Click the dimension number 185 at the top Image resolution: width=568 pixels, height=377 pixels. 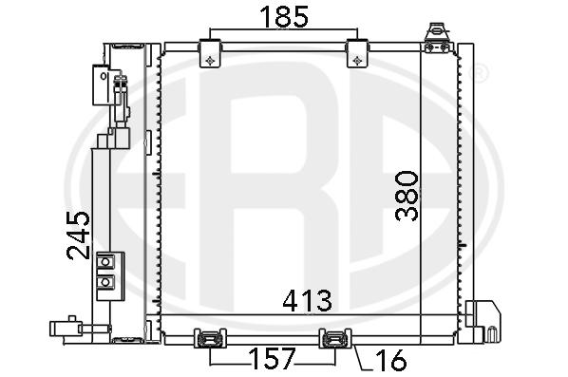(284, 17)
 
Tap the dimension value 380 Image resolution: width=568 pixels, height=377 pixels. (407, 196)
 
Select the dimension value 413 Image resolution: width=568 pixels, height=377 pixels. (307, 301)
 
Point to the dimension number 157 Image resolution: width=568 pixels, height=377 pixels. (272, 359)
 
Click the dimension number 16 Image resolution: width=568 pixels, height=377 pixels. (391, 360)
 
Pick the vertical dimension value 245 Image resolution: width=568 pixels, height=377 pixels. (78, 236)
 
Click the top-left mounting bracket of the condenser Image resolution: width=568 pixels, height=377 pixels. (210, 53)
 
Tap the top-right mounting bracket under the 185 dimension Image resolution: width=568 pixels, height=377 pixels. (357, 53)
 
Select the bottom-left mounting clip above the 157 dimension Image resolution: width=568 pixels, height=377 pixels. (210, 338)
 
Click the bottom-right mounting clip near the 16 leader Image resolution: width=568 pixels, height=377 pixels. (335, 338)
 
